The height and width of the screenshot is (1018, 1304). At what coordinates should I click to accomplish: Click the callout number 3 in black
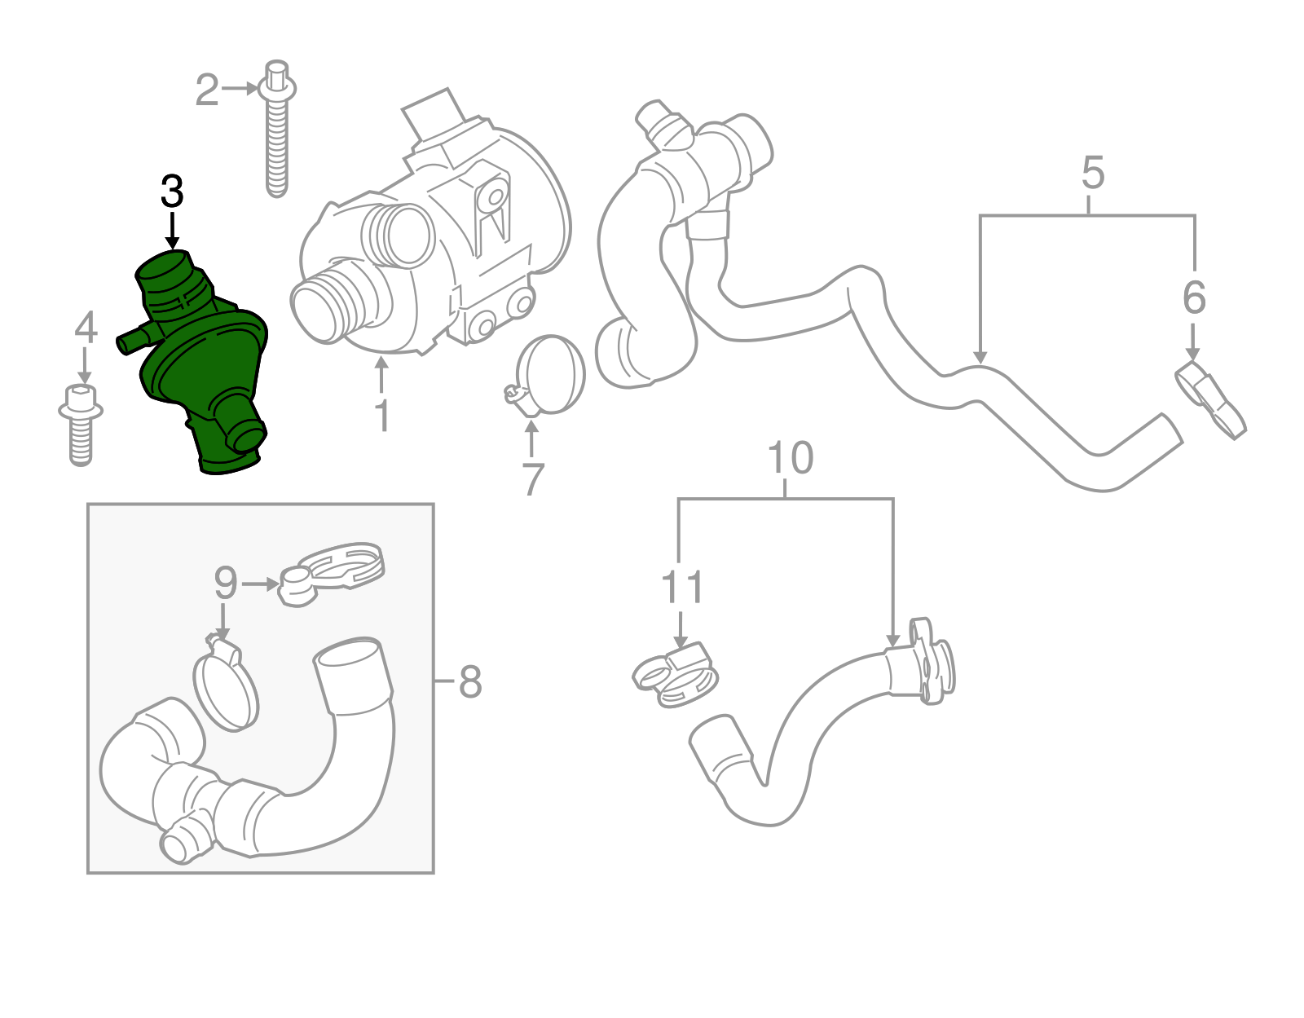(172, 192)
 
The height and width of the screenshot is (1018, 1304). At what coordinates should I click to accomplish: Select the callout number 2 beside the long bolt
(207, 90)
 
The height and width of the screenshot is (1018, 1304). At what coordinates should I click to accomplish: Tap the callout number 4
(86, 328)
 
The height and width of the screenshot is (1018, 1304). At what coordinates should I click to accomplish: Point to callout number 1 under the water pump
(381, 416)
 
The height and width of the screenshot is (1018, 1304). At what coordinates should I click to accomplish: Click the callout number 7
(532, 479)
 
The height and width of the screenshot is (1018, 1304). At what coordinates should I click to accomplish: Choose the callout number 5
(1093, 173)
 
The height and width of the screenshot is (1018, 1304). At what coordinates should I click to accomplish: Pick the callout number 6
(1193, 297)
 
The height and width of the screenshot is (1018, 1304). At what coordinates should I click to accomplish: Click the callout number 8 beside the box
(470, 681)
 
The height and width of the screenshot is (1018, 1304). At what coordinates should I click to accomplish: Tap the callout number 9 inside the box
(225, 584)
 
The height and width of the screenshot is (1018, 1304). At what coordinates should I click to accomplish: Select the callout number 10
(790, 458)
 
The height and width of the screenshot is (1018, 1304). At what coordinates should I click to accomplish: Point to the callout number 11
(681, 587)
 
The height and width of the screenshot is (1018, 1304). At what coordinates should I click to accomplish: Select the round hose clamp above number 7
(550, 375)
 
